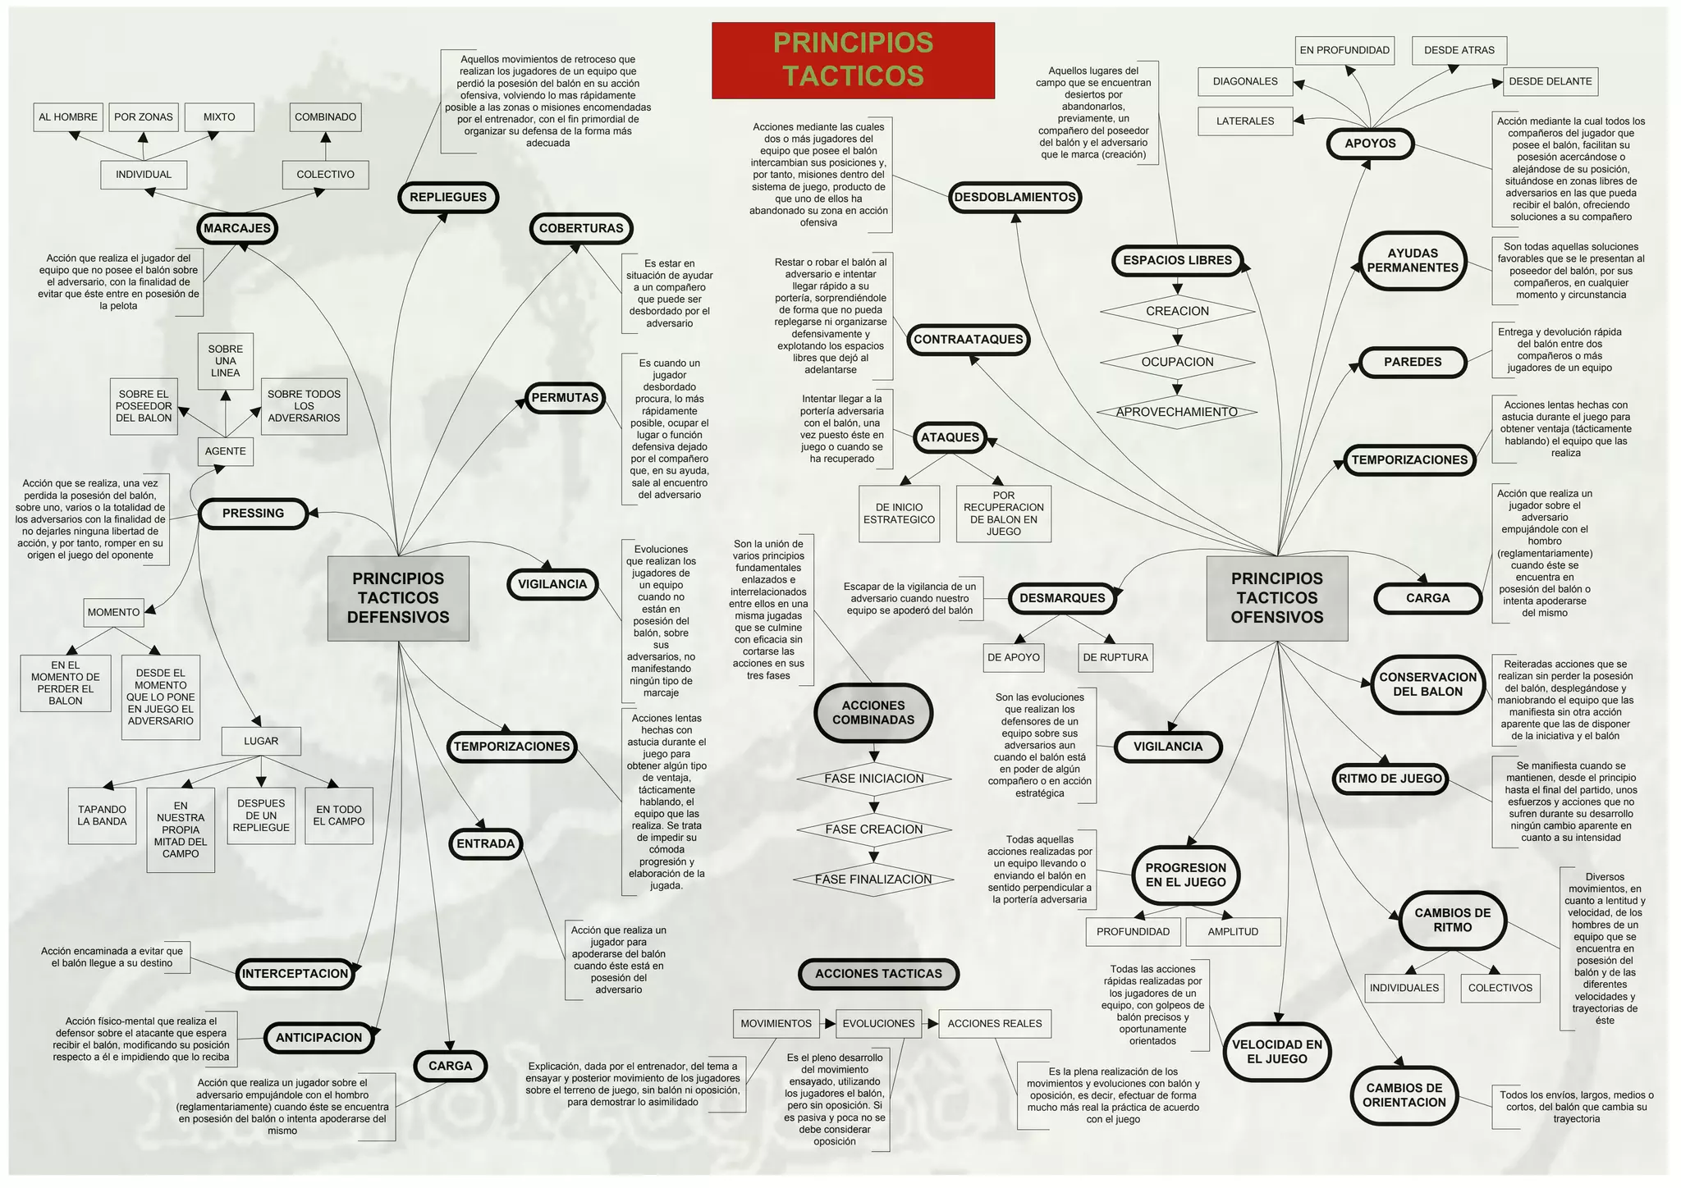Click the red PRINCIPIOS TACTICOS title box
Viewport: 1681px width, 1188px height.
(853, 60)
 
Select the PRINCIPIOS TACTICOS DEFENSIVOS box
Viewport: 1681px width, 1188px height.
(398, 598)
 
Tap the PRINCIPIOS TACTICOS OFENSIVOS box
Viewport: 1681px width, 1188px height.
(1276, 598)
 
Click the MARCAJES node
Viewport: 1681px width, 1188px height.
(237, 228)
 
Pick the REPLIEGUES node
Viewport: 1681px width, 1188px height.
(448, 197)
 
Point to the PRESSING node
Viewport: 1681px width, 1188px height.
(253, 513)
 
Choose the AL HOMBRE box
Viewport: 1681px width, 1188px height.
(68, 117)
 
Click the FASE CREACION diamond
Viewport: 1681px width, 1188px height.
(873, 829)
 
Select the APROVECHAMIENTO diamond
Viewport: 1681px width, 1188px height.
(1176, 412)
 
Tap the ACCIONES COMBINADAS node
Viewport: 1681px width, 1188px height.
(873, 712)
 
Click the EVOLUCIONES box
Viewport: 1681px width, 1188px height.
(878, 1023)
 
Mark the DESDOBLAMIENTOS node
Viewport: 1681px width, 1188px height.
(1015, 197)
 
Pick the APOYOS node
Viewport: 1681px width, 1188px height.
(1370, 144)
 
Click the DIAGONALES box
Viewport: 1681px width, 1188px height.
(1245, 81)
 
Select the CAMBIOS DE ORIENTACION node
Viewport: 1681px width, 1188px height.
(1404, 1094)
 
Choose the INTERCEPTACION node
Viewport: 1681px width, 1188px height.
(295, 974)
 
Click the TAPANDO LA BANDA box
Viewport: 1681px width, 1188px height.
(103, 816)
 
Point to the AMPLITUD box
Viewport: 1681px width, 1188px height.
(1233, 931)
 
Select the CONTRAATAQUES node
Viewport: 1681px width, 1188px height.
(969, 339)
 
